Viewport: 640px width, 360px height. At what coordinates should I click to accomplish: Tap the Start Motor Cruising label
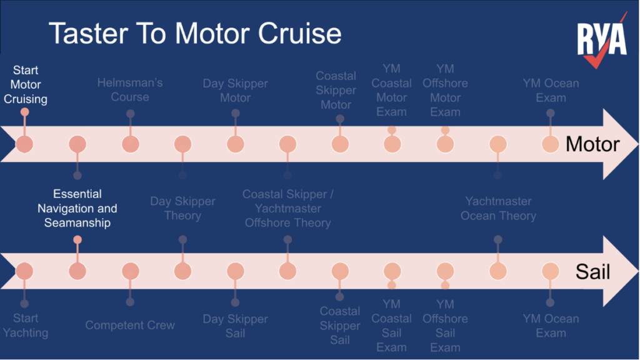26,84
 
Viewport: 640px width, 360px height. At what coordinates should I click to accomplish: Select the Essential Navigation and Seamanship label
77,208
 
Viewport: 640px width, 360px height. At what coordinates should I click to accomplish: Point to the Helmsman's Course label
130,90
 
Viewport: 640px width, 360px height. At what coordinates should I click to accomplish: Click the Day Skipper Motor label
235,91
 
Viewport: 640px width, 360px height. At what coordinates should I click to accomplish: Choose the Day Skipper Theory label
182,208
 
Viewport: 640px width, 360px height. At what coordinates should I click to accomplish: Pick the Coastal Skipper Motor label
336,90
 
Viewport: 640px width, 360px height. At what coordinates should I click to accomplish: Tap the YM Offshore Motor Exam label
445,90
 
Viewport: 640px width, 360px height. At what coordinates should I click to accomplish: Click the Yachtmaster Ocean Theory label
498,208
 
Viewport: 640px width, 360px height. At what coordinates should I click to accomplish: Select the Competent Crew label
130,325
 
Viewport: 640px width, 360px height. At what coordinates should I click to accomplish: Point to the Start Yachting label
26,325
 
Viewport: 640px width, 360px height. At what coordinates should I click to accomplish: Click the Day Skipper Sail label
235,325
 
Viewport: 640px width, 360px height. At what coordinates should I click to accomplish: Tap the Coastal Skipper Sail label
340,325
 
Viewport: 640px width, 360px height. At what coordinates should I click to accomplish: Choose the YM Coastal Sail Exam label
392,325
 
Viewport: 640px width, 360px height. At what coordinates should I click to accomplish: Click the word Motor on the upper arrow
592,144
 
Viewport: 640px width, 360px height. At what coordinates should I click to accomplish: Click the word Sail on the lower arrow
592,272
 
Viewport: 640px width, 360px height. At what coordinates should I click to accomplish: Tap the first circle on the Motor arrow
24,144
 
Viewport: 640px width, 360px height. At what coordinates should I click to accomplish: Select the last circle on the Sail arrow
550,271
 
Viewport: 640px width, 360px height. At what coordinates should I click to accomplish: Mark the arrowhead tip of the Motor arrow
636,144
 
